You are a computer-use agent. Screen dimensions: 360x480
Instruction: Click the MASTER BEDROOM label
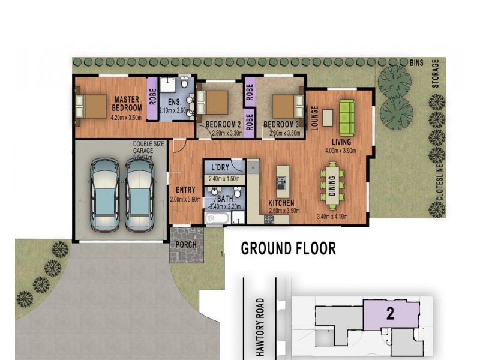pyautogui.click(x=127, y=103)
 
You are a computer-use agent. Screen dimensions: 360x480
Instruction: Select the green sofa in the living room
pyautogui.click(x=346, y=116)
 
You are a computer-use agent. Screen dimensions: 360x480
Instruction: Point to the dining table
pyautogui.click(x=332, y=184)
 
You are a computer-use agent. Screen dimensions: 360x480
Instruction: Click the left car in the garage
pyautogui.click(x=105, y=194)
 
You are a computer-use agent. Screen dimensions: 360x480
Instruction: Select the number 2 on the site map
pyautogui.click(x=389, y=314)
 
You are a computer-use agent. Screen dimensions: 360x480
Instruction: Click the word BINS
pyautogui.click(x=417, y=62)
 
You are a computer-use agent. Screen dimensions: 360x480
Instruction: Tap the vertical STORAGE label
pyautogui.click(x=436, y=74)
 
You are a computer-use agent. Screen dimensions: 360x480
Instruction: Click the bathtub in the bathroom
pyautogui.click(x=217, y=217)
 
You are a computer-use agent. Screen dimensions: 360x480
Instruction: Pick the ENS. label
pyautogui.click(x=175, y=101)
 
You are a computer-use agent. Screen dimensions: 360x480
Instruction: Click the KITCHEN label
pyautogui.click(x=281, y=203)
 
